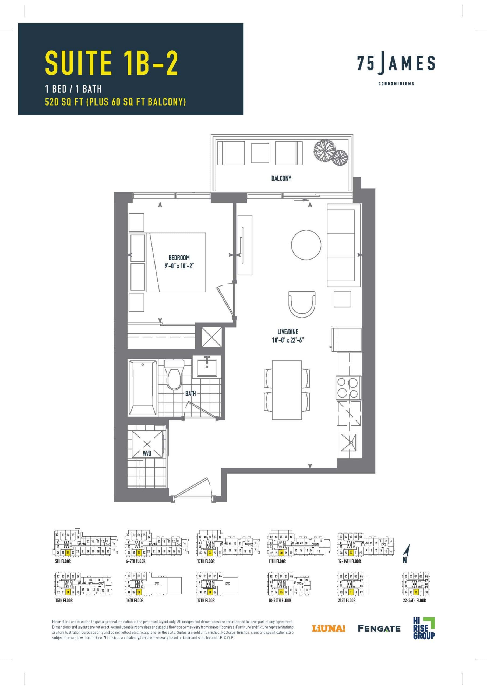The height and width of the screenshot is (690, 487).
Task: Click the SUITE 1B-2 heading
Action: point(111,63)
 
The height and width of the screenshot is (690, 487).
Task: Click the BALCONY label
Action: point(281,178)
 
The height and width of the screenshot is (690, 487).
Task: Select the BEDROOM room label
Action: point(179,258)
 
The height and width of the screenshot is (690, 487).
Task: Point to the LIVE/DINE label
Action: point(287,332)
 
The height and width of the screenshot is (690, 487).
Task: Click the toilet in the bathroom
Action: point(174,376)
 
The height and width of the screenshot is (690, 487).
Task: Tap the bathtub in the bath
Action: point(143,388)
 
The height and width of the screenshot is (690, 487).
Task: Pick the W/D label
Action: point(147,454)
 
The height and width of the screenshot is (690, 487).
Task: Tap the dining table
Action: point(287,390)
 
